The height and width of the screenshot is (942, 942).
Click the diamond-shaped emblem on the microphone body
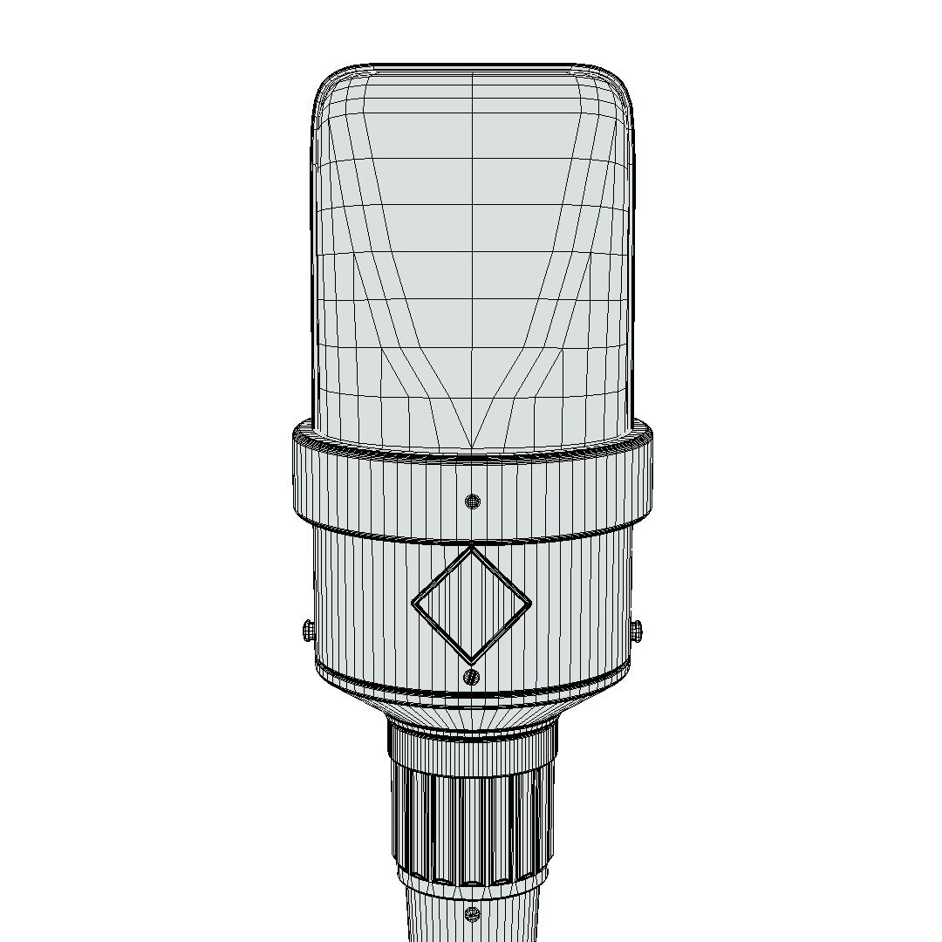click(471, 604)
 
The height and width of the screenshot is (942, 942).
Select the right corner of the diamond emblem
click(529, 604)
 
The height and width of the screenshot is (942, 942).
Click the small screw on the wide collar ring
click(472, 501)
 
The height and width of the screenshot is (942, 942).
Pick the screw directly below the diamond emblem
click(472, 676)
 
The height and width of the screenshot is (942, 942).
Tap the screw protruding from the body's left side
click(307, 631)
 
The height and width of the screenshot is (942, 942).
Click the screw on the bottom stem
click(472, 913)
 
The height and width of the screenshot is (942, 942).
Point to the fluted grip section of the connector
click(472, 824)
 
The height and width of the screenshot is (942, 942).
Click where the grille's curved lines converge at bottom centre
click(472, 445)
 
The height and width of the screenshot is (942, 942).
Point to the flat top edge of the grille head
click(472, 65)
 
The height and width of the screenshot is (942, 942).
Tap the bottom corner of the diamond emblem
click(471, 661)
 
